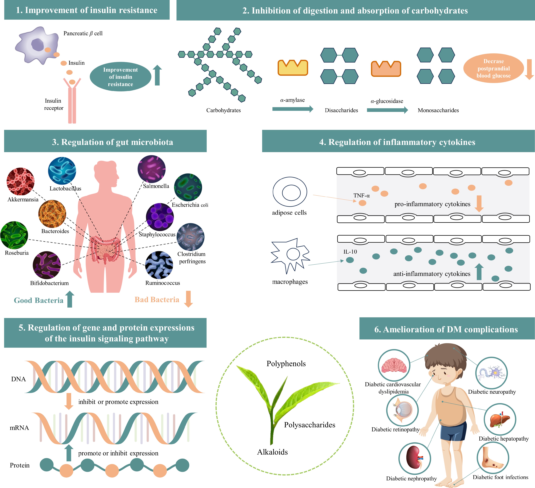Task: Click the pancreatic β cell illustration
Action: [37, 45]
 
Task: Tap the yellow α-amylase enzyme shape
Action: [293, 68]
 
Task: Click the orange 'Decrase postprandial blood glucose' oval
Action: [493, 68]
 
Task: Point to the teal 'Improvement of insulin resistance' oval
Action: [121, 77]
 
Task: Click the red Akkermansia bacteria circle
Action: [20, 181]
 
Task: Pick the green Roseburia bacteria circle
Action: [14, 235]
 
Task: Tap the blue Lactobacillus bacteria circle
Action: [62, 171]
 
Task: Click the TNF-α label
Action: [361, 196]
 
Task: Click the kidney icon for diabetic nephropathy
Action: [414, 459]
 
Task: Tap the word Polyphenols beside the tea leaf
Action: [286, 363]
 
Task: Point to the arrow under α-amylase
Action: [293, 109]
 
